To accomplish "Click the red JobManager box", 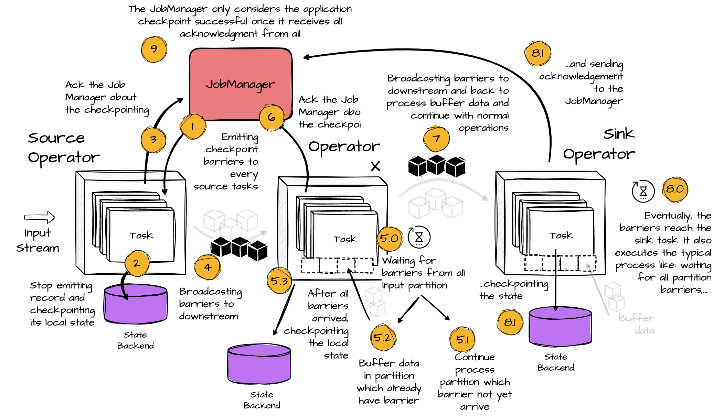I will (241, 84).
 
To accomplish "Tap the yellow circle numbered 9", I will (154, 49).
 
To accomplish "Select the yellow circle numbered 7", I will (436, 139).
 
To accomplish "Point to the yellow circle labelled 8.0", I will (675, 189).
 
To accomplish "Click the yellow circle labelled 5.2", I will (383, 338).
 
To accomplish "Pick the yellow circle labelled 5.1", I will (462, 340).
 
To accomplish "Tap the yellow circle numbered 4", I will (207, 267).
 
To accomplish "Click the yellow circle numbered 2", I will (137, 263).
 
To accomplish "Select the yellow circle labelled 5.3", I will (279, 281).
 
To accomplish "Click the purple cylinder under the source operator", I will (136, 304).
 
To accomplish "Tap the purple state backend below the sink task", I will (560, 327).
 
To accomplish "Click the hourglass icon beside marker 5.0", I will (419, 237).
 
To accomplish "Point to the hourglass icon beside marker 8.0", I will (643, 191).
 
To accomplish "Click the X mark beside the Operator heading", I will (375, 166).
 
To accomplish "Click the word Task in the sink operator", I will (561, 236).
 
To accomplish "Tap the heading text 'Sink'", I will (618, 134).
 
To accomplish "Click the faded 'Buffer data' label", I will (637, 324).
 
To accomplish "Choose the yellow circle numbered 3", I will (153, 140).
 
